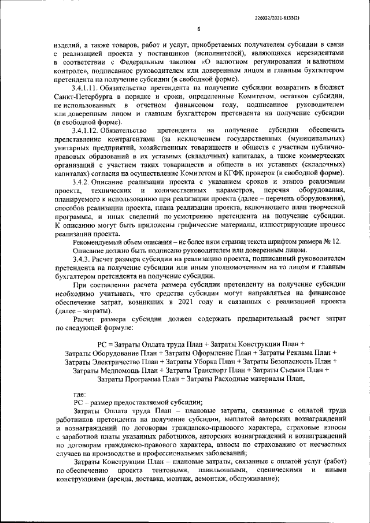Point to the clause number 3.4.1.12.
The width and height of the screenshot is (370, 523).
point(87,131)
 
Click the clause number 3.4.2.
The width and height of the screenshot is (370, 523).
point(83,183)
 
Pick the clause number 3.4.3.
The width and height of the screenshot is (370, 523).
point(83,260)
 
